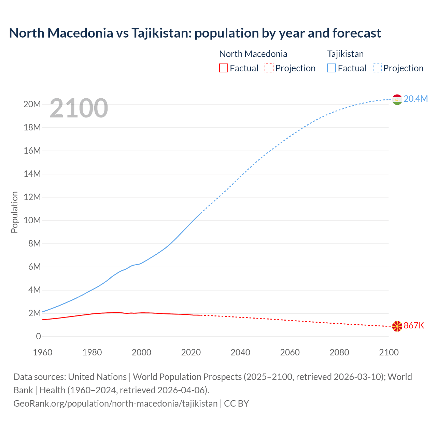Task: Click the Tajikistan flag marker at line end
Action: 397,99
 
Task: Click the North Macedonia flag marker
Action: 397,326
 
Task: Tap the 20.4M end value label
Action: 415,99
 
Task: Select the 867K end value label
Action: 414,326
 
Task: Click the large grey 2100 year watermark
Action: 79,108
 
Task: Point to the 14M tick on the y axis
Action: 32,174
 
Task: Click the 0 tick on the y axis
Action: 38,336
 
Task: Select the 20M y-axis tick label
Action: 32,104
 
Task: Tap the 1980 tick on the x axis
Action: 92,352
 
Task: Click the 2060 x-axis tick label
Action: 290,352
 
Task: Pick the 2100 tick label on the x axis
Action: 389,352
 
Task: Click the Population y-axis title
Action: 14,212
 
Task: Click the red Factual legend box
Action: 223,68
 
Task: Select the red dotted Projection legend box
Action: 269,68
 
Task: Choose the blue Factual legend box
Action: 332,68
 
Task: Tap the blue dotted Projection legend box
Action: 377,68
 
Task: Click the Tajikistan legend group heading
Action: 345,54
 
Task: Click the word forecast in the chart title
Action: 356,33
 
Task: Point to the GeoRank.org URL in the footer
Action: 115,403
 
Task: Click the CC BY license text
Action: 237,403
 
